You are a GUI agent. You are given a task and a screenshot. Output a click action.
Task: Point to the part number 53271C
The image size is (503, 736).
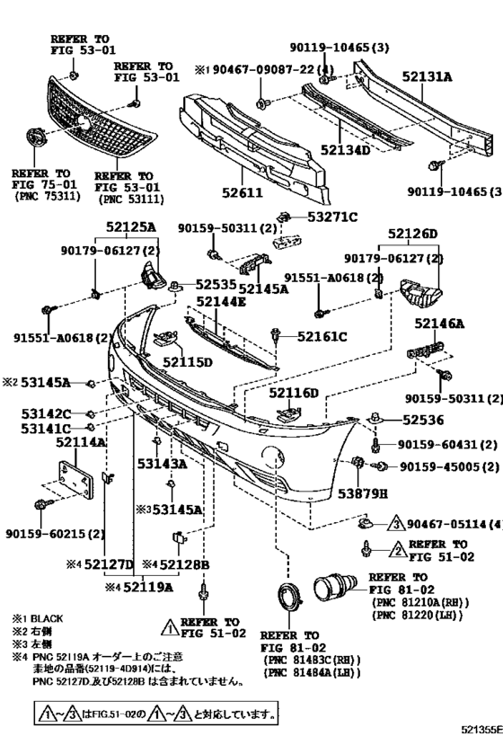click(x=332, y=217)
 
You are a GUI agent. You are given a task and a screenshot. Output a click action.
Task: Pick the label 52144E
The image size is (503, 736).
click(x=221, y=302)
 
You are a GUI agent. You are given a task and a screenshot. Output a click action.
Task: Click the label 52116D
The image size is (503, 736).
click(x=295, y=393)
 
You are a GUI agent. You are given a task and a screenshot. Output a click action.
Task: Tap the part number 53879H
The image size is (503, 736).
click(x=357, y=493)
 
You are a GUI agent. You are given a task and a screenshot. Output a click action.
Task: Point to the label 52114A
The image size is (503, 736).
click(x=80, y=443)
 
